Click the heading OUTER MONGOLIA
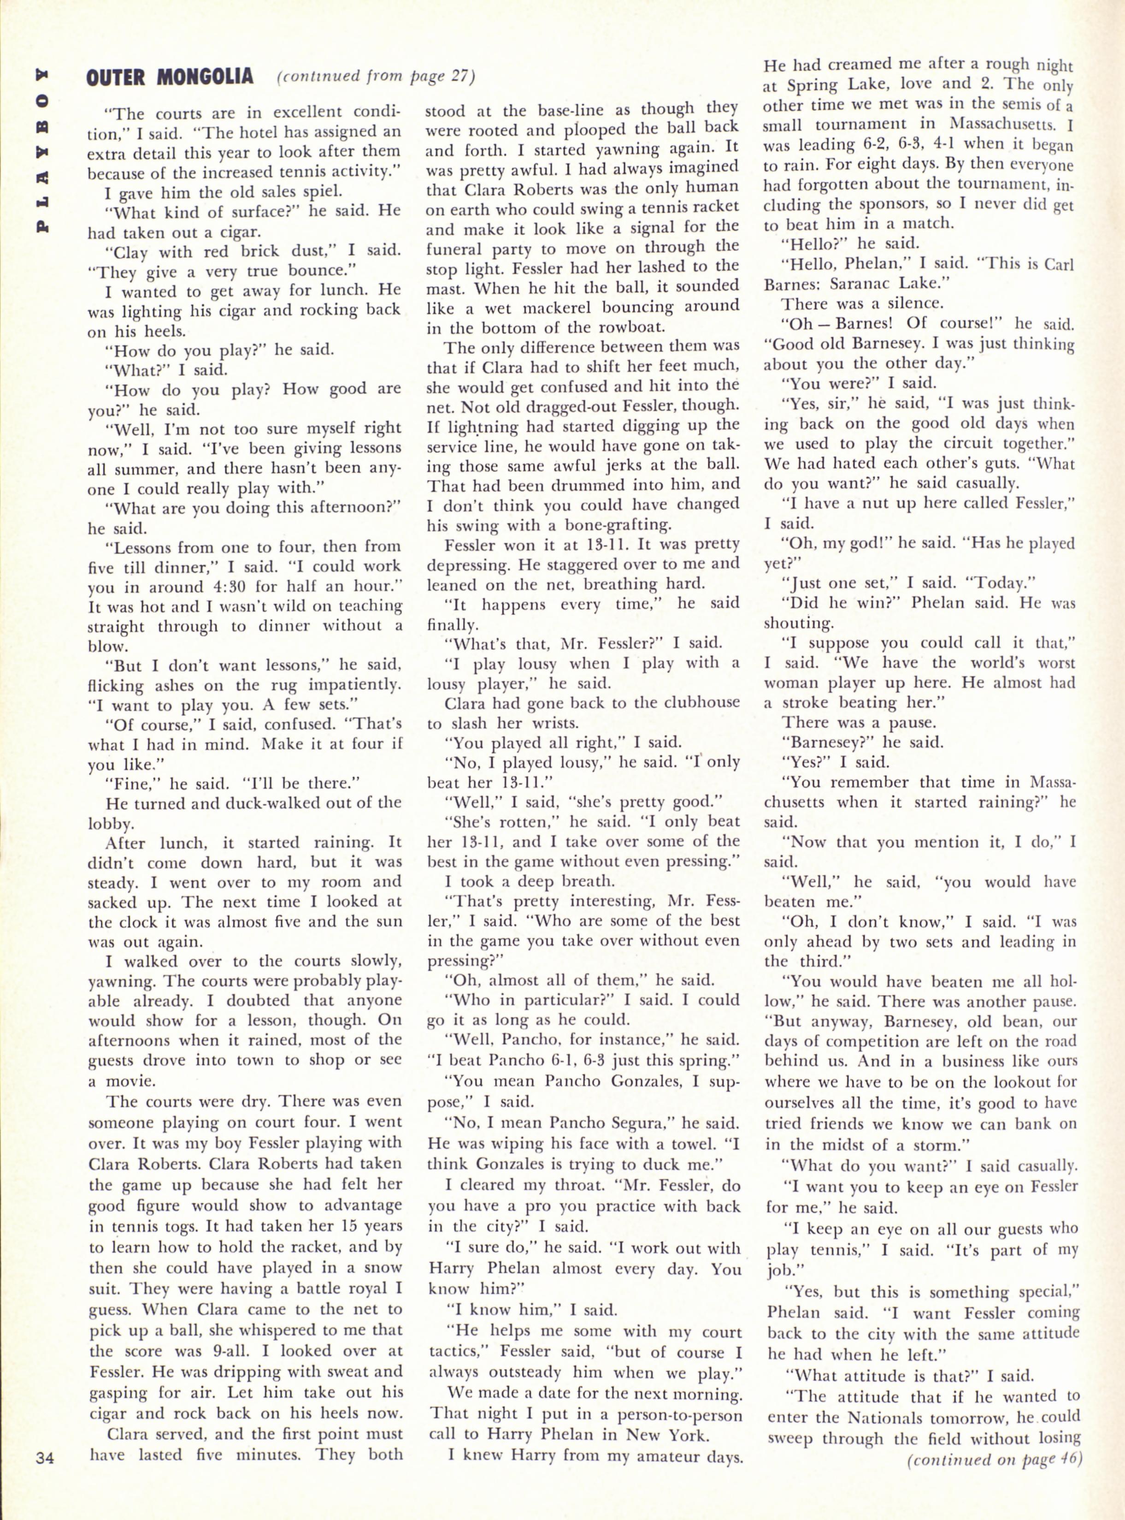[x=170, y=76]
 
